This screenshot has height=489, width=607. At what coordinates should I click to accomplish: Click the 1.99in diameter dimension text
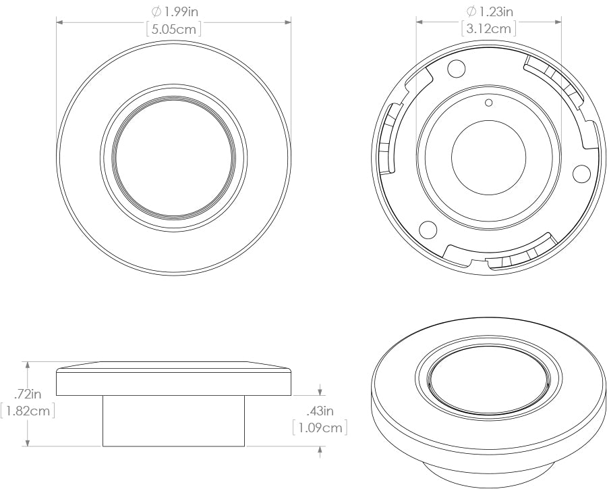tap(179, 11)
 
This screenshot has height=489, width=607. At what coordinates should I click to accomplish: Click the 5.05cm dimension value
tap(174, 28)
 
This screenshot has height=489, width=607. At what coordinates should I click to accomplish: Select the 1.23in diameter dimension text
tap(495, 11)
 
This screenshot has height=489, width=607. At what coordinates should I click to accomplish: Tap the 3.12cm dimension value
tap(490, 28)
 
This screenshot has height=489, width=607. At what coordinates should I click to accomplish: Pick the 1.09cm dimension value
tap(320, 428)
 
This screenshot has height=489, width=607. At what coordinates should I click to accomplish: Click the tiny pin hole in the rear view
tap(490, 103)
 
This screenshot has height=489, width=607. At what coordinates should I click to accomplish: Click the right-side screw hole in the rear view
tap(581, 174)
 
